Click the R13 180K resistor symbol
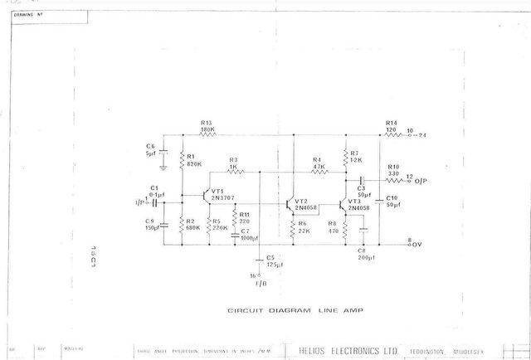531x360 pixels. [x=207, y=135]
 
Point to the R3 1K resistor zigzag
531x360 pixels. [x=233, y=171]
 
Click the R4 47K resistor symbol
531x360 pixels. [x=318, y=171]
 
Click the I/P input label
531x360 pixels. [x=139, y=202]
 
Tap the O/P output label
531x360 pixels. [x=421, y=179]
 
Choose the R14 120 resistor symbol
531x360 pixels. [x=391, y=135]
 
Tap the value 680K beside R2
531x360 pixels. [x=194, y=226]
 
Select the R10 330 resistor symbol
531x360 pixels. [x=392, y=179]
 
